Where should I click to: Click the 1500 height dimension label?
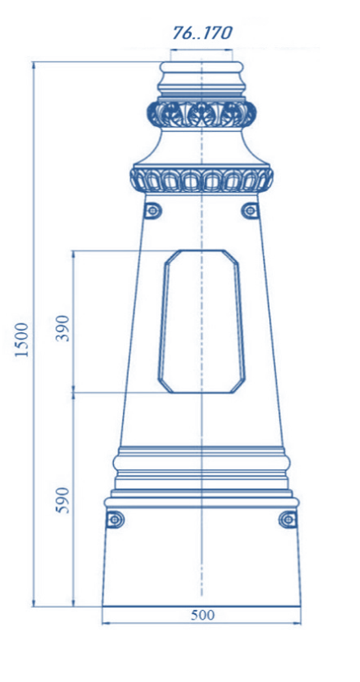coord(22,340)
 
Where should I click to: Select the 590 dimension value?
coord(63,500)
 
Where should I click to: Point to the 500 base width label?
coord(202,615)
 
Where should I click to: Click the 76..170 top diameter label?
coord(202,33)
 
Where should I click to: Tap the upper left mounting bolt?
coord(153,211)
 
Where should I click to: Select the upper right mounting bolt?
coord(250,211)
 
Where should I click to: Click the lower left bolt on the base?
coord(115,519)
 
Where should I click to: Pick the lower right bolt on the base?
coord(288,519)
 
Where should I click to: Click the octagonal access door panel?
coord(201,321)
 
